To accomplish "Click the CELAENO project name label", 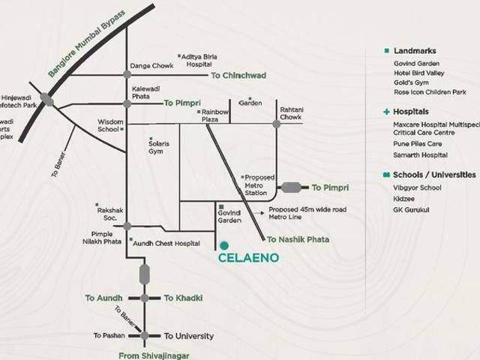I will point(248,258).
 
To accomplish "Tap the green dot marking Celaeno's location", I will point(224,245).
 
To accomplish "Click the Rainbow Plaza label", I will point(214,115).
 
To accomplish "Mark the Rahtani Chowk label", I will point(291,113).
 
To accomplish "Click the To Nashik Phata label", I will point(298,240).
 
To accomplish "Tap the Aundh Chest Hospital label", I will point(166,243).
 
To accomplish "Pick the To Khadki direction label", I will point(183,298).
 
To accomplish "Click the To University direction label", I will point(188,336).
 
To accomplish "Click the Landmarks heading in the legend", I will point(415,51).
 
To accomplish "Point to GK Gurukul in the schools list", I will point(411,209).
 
